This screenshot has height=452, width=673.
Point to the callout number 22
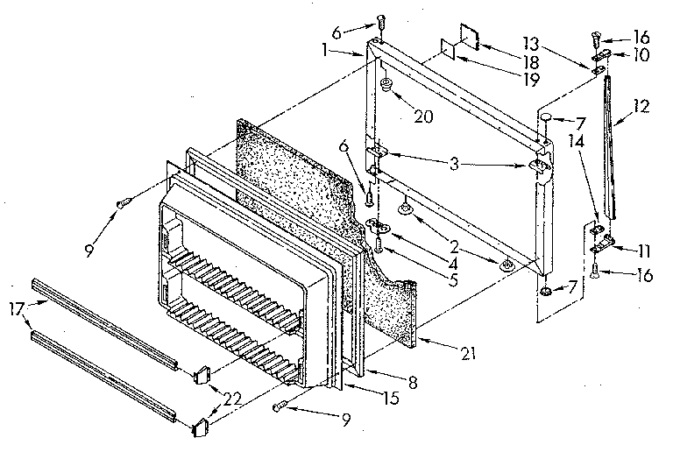tap(232, 399)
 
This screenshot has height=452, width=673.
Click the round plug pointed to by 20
tap(386, 85)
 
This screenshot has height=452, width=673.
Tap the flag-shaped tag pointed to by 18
tap(468, 43)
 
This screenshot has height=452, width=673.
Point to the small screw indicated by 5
tap(378, 250)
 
